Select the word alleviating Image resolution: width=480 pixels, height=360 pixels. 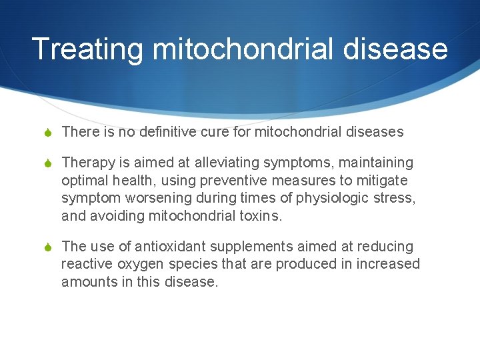227,163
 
